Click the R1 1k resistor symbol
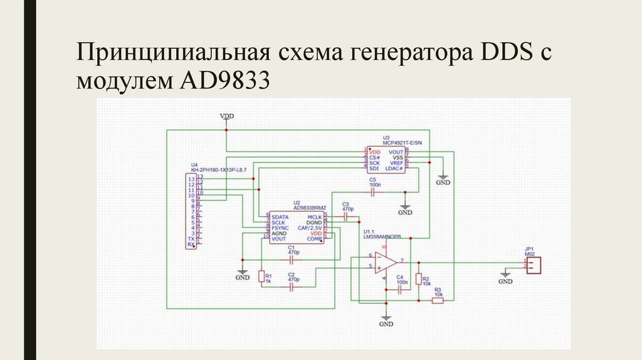pos(261,276)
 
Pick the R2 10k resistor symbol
pos(419,279)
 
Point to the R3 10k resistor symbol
pos(438,300)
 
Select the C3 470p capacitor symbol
pos(345,216)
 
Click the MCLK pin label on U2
pos(314,216)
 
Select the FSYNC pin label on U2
pos(280,227)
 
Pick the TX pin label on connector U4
pos(191,240)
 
